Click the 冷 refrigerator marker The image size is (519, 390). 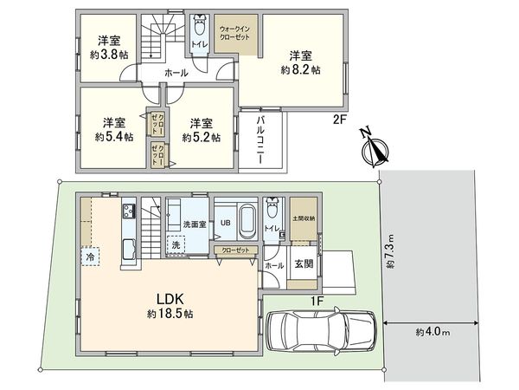click(90, 257)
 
